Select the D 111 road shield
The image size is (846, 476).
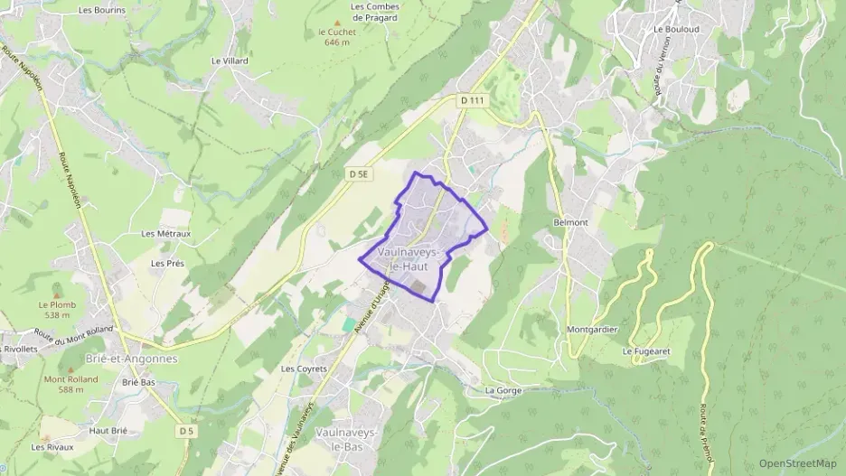click(x=473, y=100)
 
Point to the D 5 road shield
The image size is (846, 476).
click(x=187, y=431)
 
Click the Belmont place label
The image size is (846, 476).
click(x=569, y=222)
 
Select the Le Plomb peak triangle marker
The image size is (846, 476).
click(x=58, y=295)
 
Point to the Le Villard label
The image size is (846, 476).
click(x=230, y=61)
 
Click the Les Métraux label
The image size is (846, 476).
click(x=166, y=233)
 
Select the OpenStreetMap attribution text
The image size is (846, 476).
click(x=798, y=464)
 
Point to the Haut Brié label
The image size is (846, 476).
click(x=108, y=431)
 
